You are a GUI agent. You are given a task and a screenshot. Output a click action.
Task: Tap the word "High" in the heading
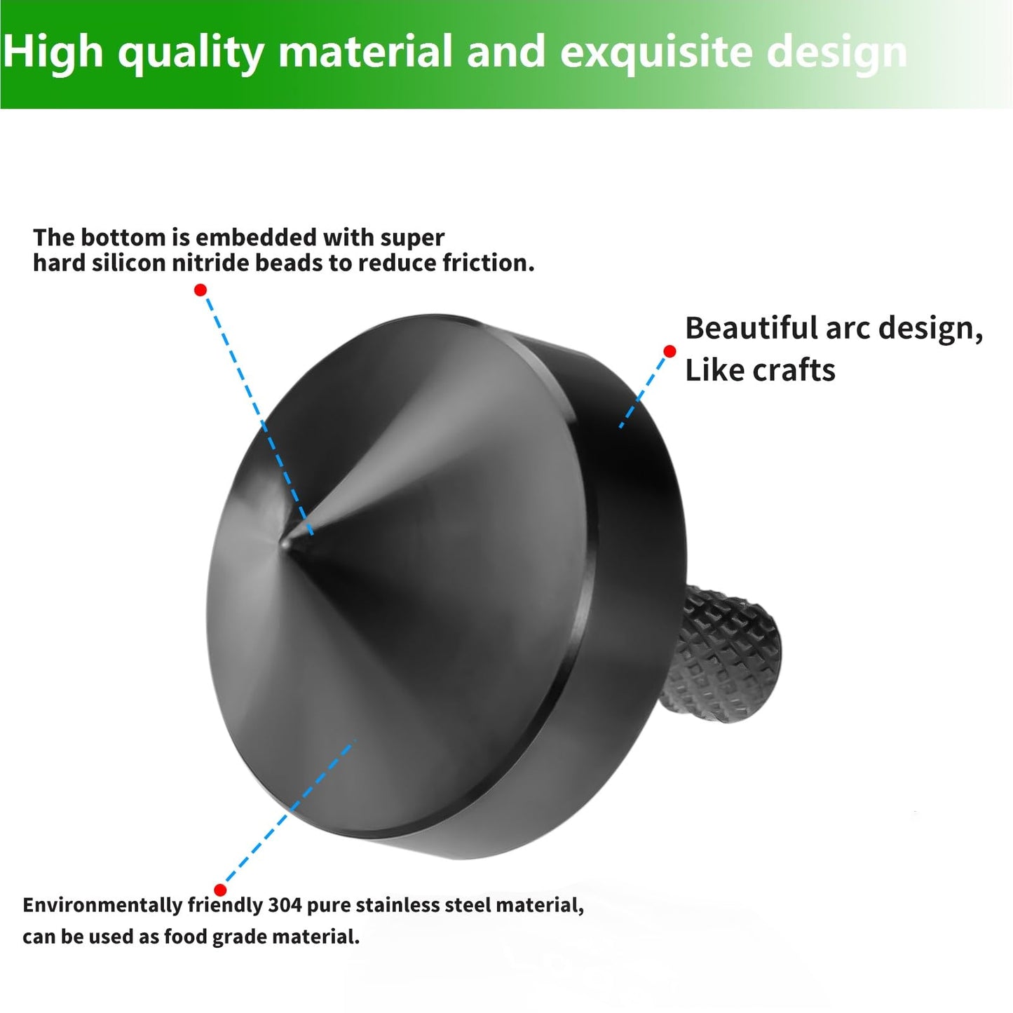53,52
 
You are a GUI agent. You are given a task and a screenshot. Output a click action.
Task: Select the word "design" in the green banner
837,52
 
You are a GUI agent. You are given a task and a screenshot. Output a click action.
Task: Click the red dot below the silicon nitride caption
200,290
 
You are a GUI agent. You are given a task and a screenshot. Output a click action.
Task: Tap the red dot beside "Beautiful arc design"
669,351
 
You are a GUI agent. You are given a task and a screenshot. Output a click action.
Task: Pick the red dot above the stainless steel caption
220,890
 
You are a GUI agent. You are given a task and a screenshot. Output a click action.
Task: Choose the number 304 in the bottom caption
285,905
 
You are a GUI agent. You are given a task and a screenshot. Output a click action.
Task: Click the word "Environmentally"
102,905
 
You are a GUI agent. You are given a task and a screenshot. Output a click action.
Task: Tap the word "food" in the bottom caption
185,937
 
